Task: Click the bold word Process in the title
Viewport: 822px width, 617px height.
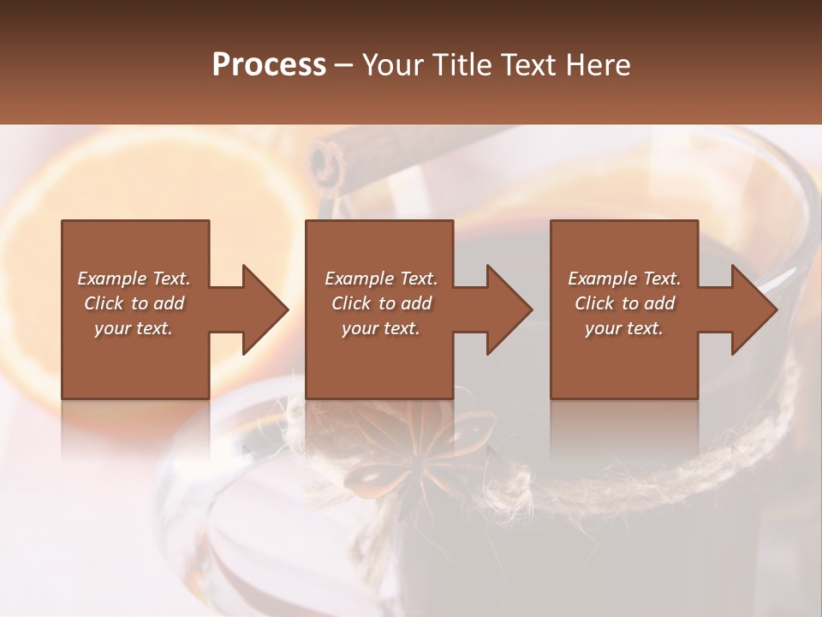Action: [x=269, y=65]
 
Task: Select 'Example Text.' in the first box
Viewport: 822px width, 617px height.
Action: [x=134, y=279]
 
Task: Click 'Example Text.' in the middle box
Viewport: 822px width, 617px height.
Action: [x=381, y=279]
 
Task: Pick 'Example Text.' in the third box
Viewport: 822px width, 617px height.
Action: [x=624, y=279]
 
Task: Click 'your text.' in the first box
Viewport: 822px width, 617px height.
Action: [x=134, y=328]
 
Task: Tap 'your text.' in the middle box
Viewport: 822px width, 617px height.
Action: [x=381, y=328]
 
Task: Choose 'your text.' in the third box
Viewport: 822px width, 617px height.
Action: [x=624, y=328]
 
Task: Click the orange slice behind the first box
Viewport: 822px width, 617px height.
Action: [x=34, y=257]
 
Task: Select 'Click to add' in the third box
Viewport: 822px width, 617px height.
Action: [x=624, y=303]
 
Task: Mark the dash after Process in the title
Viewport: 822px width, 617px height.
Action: [x=343, y=66]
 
